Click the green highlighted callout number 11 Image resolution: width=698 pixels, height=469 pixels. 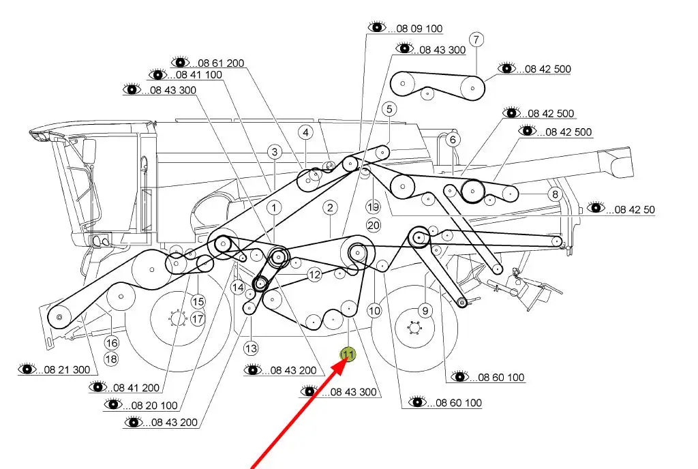[348, 354]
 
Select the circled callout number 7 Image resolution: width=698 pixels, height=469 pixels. [476, 39]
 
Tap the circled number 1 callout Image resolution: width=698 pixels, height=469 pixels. [273, 207]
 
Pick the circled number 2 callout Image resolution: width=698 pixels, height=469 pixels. [330, 208]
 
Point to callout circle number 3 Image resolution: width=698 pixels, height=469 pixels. [274, 151]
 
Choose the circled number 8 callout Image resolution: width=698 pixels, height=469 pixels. [555, 194]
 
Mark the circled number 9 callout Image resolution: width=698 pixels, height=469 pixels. [425, 311]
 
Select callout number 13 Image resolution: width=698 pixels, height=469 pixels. [252, 348]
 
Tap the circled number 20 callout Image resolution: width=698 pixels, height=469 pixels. [373, 224]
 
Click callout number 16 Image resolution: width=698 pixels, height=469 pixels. [111, 343]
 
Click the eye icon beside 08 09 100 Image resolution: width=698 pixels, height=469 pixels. [376, 27]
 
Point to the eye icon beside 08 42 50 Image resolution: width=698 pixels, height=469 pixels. [596, 207]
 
